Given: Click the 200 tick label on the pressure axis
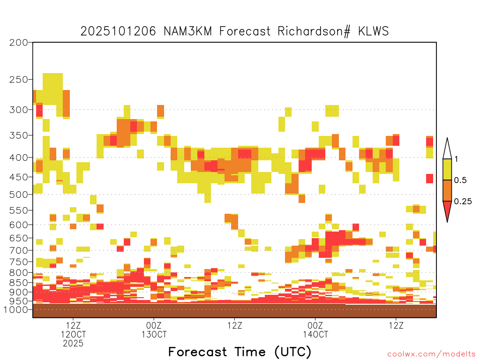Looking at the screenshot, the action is [x=18, y=43].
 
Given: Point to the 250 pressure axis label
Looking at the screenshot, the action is [x=18, y=80].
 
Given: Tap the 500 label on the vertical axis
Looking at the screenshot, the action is [x=18, y=195].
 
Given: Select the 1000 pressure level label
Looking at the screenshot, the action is [x=16, y=309].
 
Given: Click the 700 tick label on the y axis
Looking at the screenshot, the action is [x=18, y=250].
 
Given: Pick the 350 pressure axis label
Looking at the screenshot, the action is [x=18, y=135].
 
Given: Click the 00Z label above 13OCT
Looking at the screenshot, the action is [x=154, y=325].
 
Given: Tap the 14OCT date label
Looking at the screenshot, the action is [x=315, y=334].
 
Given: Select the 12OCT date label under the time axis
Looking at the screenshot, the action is [x=73, y=334].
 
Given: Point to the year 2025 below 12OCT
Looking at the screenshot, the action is [x=73, y=344].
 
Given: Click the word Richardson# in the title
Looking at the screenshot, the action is [x=314, y=31].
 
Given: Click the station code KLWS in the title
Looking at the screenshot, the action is [x=374, y=31].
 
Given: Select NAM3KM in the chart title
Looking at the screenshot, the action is [x=187, y=31].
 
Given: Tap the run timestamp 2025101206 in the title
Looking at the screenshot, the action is [x=118, y=31].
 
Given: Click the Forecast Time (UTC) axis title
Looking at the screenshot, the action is [x=240, y=352].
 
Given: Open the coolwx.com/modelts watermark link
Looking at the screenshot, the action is [x=431, y=354].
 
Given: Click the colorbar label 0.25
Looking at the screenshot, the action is [x=463, y=202].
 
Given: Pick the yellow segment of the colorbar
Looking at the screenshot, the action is [x=447, y=169].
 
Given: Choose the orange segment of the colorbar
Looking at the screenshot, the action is [x=447, y=190].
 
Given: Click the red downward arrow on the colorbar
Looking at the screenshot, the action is [x=447, y=210].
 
